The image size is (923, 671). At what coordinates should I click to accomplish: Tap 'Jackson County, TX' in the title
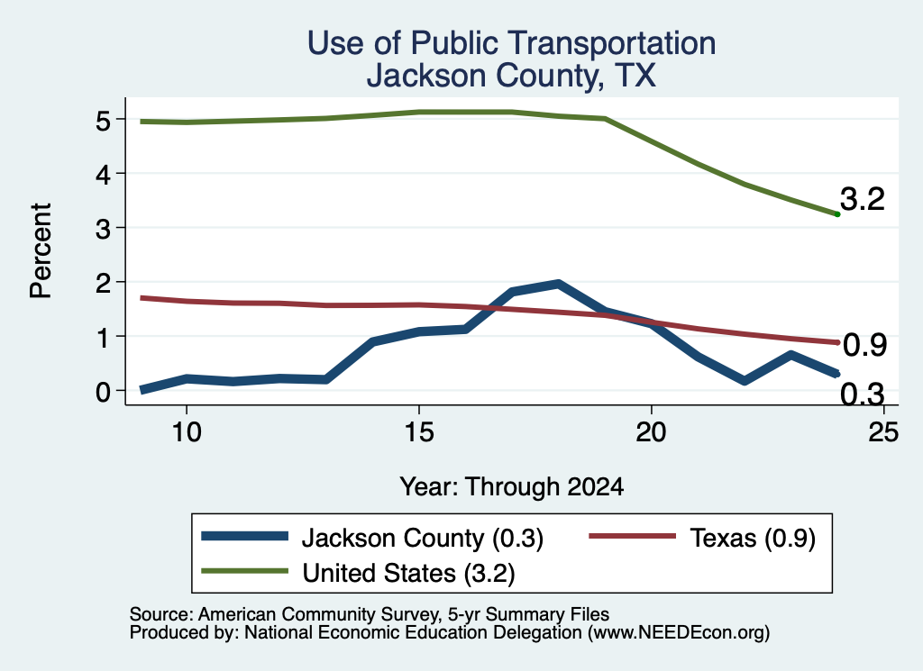[511, 76]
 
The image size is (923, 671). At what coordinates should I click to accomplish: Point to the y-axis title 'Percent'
[41, 250]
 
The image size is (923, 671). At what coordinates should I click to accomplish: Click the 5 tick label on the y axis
[103, 121]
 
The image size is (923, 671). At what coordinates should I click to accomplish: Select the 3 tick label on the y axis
[103, 229]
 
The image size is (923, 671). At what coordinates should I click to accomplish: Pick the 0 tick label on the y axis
[103, 392]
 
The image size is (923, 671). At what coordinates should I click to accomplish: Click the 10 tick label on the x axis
[187, 432]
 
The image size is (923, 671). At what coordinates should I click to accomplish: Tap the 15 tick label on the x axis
[419, 432]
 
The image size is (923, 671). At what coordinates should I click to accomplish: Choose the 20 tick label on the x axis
[651, 432]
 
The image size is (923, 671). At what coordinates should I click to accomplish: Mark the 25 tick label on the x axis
[883, 432]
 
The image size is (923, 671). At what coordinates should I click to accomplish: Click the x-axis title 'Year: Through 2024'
[512, 487]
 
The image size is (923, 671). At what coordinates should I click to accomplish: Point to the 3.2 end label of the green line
[863, 199]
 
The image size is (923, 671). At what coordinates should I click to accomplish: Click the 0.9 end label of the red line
[864, 345]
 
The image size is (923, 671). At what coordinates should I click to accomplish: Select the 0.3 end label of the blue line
[863, 394]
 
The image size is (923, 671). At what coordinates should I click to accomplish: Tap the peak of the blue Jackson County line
[557, 285]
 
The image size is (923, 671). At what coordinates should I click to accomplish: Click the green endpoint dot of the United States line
[837, 214]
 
